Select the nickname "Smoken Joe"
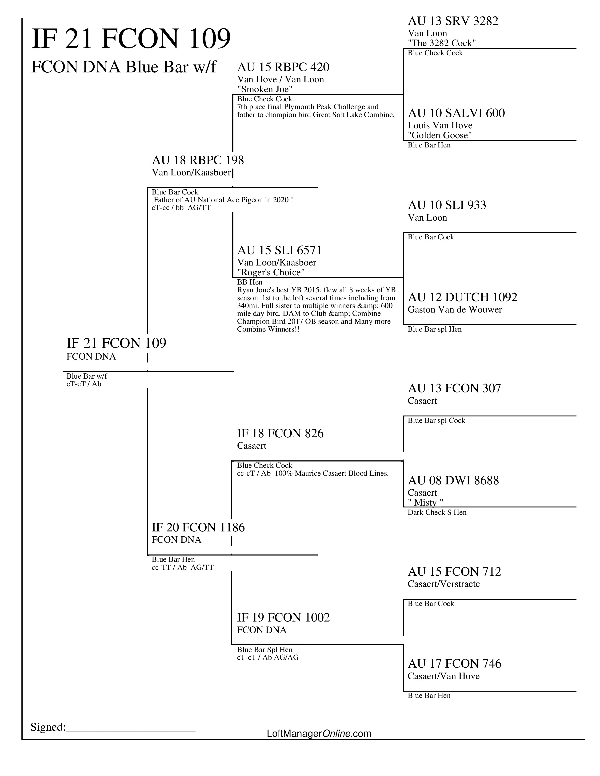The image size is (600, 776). click(x=265, y=89)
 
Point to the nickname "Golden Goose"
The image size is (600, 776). click(x=440, y=135)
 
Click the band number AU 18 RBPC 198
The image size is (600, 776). click(x=198, y=160)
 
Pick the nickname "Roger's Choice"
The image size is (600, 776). click(x=271, y=273)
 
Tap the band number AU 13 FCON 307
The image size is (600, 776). click(x=454, y=388)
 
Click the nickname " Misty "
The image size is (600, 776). click(x=425, y=503)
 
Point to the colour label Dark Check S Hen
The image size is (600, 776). click(x=437, y=512)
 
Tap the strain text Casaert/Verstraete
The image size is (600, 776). click(x=444, y=584)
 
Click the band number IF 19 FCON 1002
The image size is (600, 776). click(x=283, y=618)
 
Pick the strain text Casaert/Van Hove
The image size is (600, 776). click(x=444, y=676)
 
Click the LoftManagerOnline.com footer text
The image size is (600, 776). click(x=319, y=733)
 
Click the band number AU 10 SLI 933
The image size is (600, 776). click(x=447, y=205)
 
